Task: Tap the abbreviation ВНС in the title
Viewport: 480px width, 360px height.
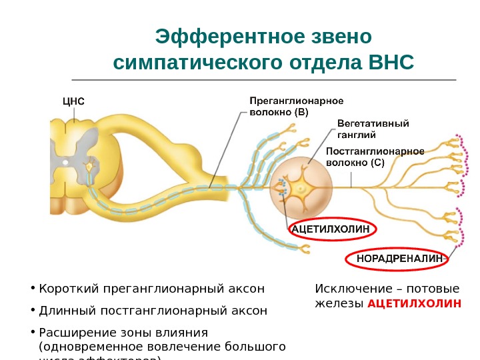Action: click(391, 63)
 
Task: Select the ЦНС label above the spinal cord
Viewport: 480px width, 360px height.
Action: click(73, 101)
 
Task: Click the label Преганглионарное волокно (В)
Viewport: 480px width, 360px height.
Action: click(296, 107)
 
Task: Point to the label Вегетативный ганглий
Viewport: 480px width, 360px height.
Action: click(373, 128)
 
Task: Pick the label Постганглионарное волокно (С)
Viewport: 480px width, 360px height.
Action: click(375, 157)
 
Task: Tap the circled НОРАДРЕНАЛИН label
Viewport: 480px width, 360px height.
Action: click(399, 257)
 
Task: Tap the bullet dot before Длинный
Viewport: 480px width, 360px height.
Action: click(33, 311)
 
